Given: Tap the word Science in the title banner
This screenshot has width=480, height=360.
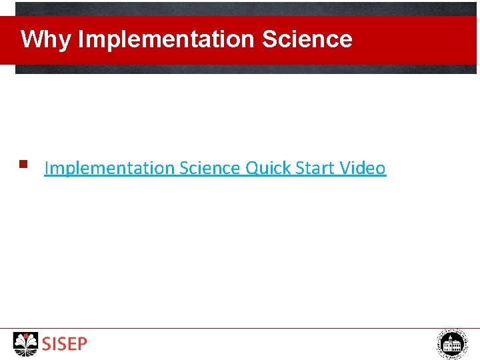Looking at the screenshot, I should click(307, 40).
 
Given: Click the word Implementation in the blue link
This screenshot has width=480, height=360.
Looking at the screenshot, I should click(109, 169).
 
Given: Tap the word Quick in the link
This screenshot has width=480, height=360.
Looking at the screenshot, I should click(268, 169).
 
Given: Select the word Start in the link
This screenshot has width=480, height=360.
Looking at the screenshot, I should click(315, 169).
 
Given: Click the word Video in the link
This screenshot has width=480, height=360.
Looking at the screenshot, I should click(363, 169).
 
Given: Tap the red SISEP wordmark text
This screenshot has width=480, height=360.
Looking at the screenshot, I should click(65, 345).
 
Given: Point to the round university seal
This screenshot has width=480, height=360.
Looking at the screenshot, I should click(452, 344).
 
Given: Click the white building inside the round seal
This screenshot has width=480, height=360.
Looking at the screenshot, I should click(452, 347).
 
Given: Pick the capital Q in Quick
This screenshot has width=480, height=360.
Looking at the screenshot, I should click(253, 169).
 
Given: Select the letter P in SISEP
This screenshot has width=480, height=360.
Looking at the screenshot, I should click(82, 345).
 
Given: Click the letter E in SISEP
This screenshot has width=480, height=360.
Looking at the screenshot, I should click(73, 345).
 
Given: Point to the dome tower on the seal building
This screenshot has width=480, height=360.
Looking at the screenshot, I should click(452, 339).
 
